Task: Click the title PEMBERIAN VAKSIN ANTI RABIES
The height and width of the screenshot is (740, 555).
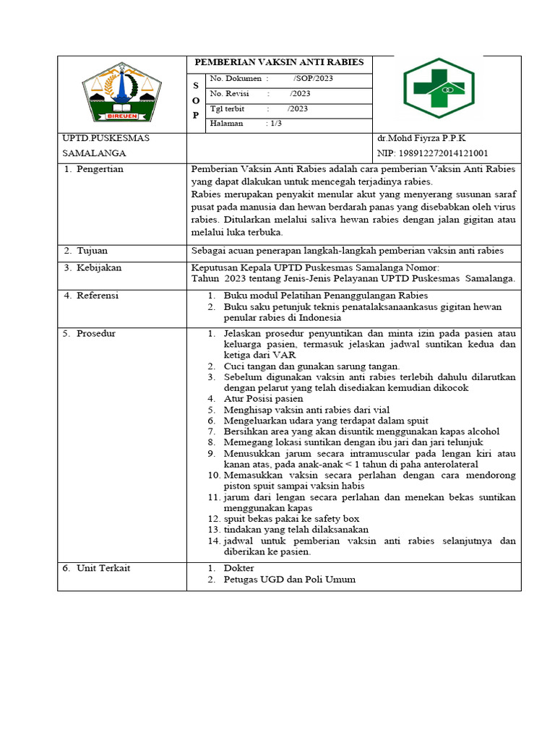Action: [280, 62]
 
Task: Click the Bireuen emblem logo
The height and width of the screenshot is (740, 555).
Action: [121, 94]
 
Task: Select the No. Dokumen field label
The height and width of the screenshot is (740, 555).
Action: [237, 78]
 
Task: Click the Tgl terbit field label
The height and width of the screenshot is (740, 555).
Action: [227, 108]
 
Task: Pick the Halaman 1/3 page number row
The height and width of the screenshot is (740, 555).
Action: [246, 124]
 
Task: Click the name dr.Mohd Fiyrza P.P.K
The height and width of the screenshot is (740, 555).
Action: [421, 138]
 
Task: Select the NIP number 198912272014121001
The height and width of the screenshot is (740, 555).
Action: [432, 153]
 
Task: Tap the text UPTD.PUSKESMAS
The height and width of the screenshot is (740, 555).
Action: [106, 138]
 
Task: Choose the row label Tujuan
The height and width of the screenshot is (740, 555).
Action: [92, 251]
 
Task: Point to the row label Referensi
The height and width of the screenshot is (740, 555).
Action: [98, 296]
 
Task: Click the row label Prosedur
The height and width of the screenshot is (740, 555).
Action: [96, 334]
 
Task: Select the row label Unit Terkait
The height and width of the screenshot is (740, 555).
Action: [103, 568]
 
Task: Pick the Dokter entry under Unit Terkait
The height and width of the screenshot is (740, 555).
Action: [238, 569]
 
